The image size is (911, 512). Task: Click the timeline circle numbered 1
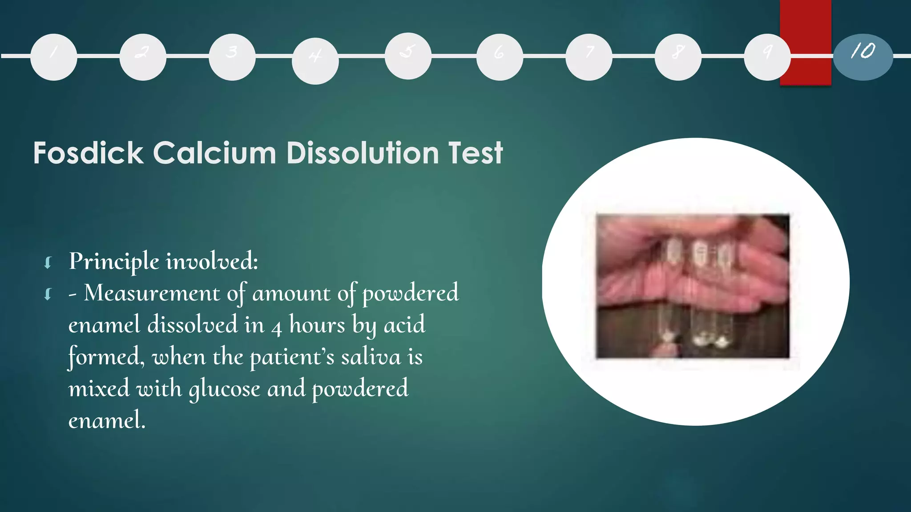pyautogui.click(x=54, y=57)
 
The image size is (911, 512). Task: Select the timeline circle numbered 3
pyautogui.click(x=232, y=57)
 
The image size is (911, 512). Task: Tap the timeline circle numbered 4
pyautogui.click(x=315, y=61)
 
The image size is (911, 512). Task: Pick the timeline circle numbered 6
pyautogui.click(x=500, y=57)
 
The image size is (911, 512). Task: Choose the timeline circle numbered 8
pyautogui.click(x=678, y=57)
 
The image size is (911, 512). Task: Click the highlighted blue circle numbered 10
pyautogui.click(x=863, y=57)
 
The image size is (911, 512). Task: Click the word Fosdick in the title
pyautogui.click(x=88, y=153)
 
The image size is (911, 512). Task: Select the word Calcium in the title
pyautogui.click(x=214, y=153)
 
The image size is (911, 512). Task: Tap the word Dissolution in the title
pyautogui.click(x=363, y=153)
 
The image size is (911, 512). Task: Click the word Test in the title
pyautogui.click(x=476, y=153)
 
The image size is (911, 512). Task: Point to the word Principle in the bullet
pyautogui.click(x=114, y=261)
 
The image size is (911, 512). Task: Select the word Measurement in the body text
pyautogui.click(x=152, y=293)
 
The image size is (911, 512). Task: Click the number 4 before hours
pyautogui.click(x=277, y=328)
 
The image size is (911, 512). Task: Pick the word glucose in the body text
pyautogui.click(x=225, y=389)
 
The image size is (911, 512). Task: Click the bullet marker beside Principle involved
pyautogui.click(x=48, y=263)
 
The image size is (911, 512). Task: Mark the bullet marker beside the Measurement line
pyautogui.click(x=48, y=294)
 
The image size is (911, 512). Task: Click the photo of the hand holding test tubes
pyautogui.click(x=693, y=286)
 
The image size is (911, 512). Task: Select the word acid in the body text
pyautogui.click(x=404, y=325)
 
